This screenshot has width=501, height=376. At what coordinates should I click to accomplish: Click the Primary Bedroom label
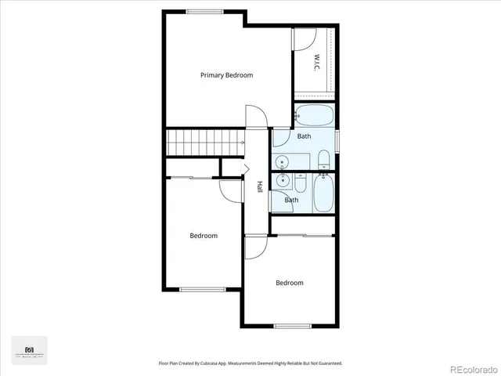[226, 75]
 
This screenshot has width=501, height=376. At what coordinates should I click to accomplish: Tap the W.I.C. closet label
[318, 60]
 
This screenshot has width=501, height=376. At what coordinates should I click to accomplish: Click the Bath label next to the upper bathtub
[304, 136]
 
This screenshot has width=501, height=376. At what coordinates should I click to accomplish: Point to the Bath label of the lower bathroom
[291, 200]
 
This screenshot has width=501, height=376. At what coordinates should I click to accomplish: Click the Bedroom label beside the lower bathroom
[204, 236]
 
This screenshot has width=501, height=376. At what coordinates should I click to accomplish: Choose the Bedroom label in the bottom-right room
[289, 283]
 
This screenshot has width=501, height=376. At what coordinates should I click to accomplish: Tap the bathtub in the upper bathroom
[315, 116]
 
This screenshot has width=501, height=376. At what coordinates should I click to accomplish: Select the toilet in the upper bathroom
[323, 161]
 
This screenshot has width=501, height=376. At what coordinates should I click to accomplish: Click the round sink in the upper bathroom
[283, 162]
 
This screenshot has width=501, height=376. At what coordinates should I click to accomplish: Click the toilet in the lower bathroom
[300, 183]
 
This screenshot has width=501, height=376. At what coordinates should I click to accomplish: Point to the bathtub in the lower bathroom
[323, 193]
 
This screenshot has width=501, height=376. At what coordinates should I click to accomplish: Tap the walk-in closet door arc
[304, 39]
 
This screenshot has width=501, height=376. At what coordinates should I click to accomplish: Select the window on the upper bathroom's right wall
[337, 140]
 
